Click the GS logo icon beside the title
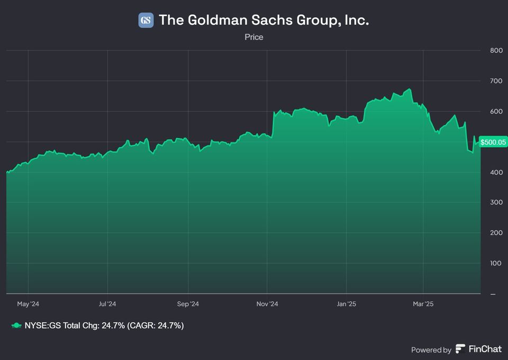(x=146, y=20)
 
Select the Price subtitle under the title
(x=254, y=37)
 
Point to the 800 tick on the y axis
(x=496, y=51)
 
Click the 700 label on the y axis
(x=496, y=81)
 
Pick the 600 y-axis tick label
(x=496, y=112)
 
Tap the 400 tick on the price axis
(x=496, y=172)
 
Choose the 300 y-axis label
(x=496, y=203)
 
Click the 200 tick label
(x=496, y=233)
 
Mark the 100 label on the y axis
(x=496, y=263)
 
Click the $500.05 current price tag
(x=493, y=142)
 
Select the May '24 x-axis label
(x=28, y=304)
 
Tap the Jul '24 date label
(x=107, y=304)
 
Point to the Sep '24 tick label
(x=188, y=304)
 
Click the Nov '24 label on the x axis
(x=267, y=304)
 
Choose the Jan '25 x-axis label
(x=347, y=304)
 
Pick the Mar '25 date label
(x=423, y=304)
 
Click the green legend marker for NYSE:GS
(x=16, y=326)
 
